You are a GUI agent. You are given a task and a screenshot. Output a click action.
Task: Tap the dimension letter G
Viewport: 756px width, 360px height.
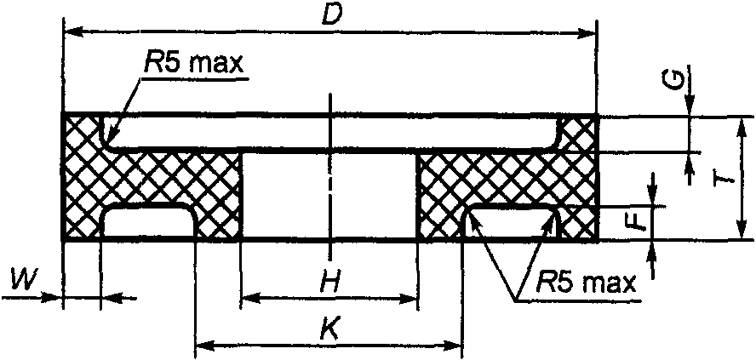673,81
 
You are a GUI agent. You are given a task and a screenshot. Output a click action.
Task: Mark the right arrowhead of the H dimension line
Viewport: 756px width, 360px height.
411,299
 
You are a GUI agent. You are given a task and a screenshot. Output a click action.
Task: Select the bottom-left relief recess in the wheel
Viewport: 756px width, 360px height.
147,223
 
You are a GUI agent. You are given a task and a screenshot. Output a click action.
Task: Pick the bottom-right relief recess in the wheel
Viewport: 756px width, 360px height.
509,223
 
